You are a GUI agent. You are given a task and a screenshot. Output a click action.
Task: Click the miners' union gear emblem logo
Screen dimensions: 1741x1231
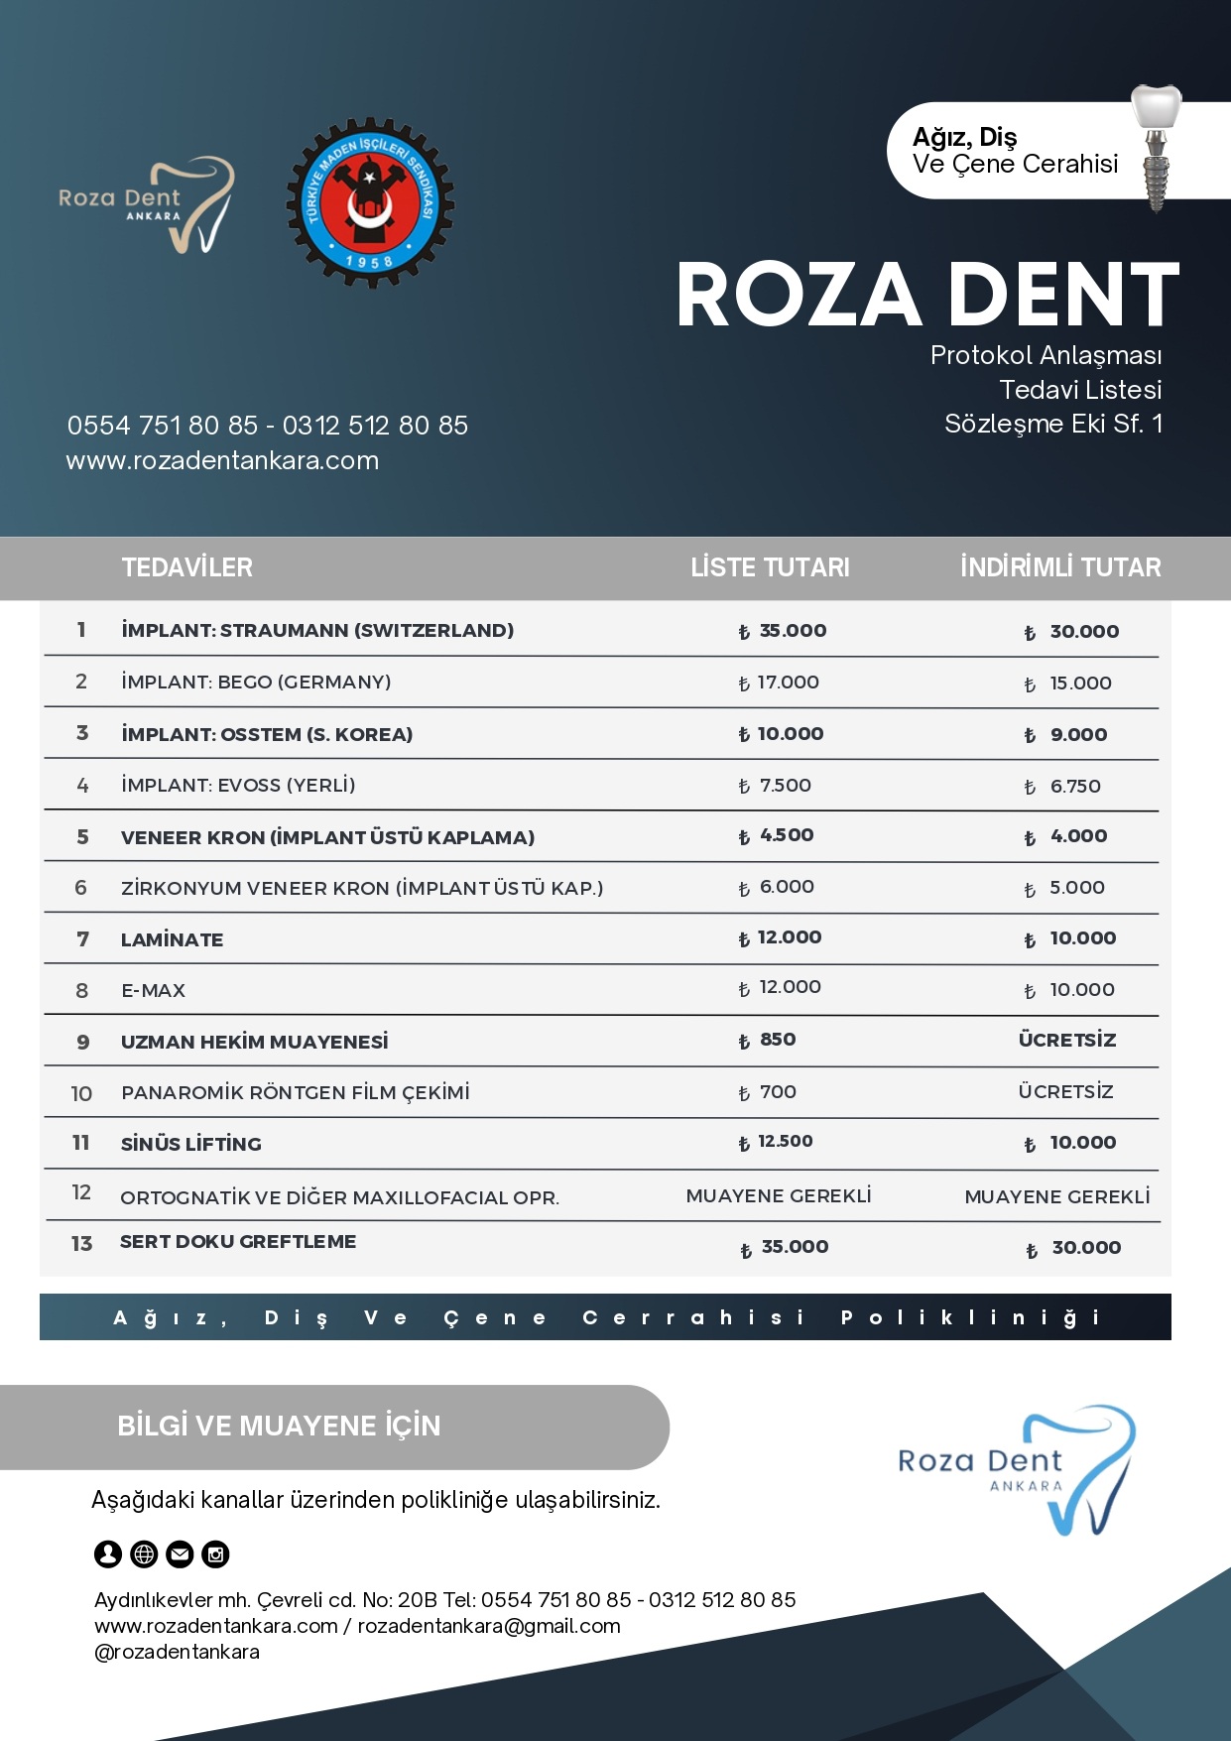370,203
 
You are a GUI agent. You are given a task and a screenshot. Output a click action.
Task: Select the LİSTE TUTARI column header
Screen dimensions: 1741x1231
770,567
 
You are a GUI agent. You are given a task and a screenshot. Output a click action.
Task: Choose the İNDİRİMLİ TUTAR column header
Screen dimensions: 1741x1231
1060,567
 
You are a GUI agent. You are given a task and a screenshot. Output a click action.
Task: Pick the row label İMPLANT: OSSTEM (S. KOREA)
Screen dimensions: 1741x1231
267,734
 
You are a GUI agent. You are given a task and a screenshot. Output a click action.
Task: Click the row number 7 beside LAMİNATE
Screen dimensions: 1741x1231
82,939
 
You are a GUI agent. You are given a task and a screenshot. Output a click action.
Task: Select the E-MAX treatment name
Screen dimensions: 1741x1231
153,991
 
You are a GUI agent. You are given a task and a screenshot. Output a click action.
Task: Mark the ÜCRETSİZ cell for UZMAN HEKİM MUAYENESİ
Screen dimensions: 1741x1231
1066,1041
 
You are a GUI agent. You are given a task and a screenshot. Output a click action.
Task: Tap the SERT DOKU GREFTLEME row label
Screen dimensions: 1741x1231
238,1242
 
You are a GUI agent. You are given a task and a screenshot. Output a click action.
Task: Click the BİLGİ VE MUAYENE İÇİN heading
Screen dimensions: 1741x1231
279,1426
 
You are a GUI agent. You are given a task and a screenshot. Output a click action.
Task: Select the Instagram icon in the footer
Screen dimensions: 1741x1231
215,1554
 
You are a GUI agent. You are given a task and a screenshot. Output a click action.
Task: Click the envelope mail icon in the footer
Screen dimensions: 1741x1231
180,1554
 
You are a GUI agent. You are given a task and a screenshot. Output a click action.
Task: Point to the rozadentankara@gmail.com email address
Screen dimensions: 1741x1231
489,1626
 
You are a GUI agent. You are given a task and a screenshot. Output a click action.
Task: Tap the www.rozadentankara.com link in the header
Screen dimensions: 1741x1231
222,460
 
